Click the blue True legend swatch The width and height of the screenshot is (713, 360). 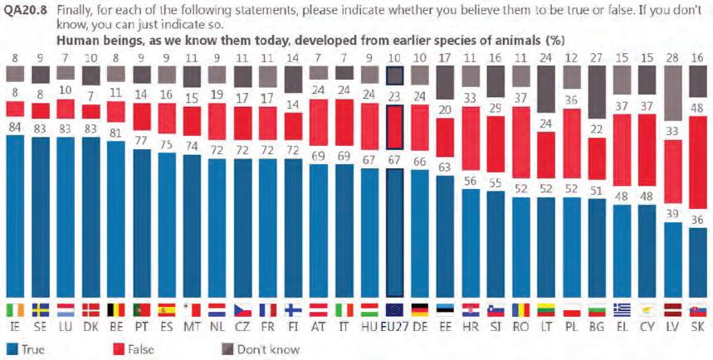click(11, 349)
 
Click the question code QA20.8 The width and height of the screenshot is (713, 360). click(26, 9)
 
